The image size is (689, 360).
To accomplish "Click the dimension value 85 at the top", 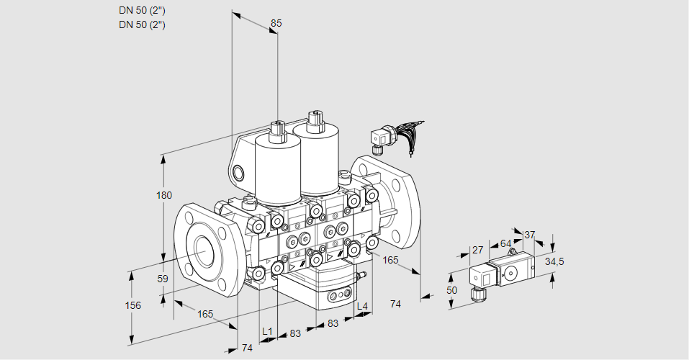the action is [x=276, y=23].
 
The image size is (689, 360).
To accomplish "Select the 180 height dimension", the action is [x=164, y=195].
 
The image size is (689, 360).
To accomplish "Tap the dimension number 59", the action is [x=163, y=279].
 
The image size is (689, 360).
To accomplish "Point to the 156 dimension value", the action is [x=132, y=305].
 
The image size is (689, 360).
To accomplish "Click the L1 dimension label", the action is [x=267, y=331].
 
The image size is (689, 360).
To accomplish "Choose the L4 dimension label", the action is [x=361, y=306].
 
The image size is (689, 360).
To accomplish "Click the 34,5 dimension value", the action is [x=554, y=261].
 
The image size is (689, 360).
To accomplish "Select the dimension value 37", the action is [x=529, y=235].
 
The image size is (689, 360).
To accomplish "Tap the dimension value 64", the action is [x=505, y=243].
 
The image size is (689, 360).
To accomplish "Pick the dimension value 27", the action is [x=477, y=250].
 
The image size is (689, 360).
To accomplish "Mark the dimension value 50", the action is [x=451, y=290].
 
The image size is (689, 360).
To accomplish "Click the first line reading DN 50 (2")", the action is [x=142, y=11].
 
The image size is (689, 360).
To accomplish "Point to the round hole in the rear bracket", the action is [x=238, y=173].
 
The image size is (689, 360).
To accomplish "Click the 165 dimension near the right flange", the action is [x=390, y=260].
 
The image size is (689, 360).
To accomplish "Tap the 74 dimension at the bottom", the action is [x=248, y=348].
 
